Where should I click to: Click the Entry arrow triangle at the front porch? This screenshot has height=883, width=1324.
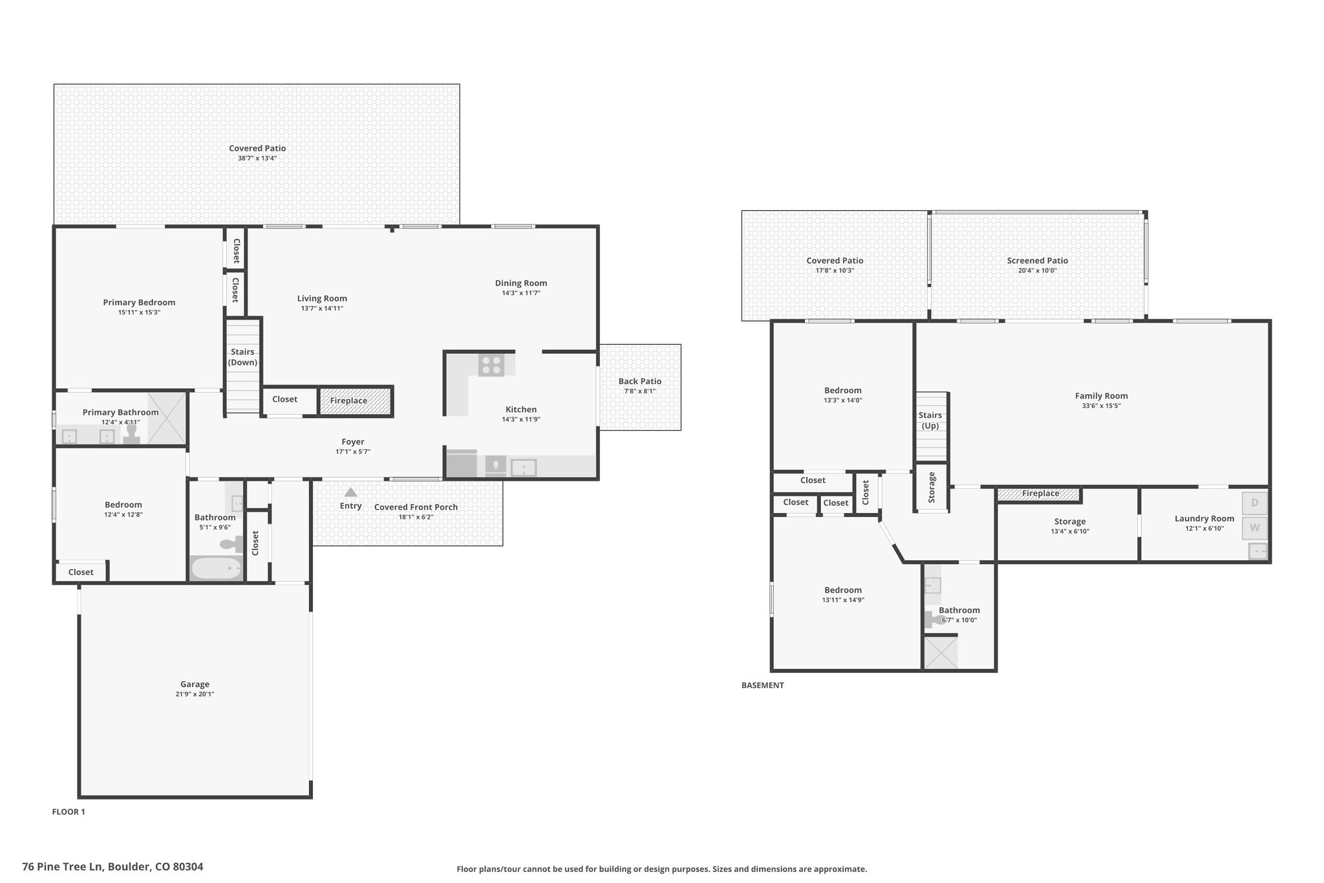pos(350,492)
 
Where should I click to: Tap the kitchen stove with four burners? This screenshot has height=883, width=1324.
pos(491,365)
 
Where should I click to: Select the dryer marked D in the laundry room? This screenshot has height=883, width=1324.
pos(1255,503)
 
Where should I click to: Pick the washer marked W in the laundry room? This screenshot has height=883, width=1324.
pos(1255,528)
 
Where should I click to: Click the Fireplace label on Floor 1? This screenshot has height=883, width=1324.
pos(348,401)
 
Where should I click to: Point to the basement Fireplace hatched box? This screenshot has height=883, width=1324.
pos(1040,494)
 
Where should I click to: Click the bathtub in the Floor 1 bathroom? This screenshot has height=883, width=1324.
pos(217,569)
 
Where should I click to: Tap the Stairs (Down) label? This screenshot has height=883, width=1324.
pos(243,357)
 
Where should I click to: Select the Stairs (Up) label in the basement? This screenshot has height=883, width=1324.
pos(930,420)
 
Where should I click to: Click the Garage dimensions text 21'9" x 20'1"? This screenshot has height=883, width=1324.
pos(195,694)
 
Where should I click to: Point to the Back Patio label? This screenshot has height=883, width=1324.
pos(640,381)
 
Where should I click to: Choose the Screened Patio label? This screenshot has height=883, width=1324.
pos(1038,261)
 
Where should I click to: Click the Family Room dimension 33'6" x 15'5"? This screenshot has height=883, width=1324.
pos(1102,406)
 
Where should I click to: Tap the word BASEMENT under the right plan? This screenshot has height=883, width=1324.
pos(763,685)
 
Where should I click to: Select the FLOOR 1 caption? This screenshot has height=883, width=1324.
pos(69,812)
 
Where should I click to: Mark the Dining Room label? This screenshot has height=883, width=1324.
pos(521,283)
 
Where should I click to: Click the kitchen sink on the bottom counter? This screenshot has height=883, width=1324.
pos(524,467)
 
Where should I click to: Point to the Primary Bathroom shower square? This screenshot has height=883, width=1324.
pos(167,418)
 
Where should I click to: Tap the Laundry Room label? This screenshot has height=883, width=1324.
pos(1204,518)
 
